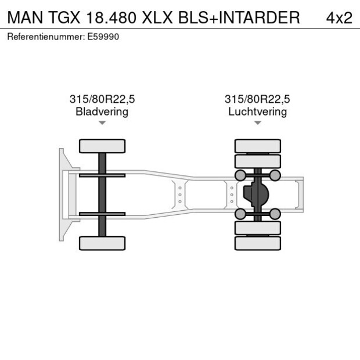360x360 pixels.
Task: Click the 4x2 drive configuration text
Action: (339, 17)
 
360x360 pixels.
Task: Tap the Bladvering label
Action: (102, 111)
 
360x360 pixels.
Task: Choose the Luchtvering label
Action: (257, 111)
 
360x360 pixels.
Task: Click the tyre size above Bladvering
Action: (102, 99)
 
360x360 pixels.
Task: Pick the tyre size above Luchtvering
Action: (257, 99)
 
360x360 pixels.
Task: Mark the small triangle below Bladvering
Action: (102, 123)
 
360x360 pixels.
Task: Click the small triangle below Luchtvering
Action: (258, 123)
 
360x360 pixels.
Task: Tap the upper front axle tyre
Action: (102, 146)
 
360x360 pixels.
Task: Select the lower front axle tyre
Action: (102, 243)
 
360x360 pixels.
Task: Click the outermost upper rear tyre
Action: (258, 146)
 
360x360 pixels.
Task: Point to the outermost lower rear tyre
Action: (258, 243)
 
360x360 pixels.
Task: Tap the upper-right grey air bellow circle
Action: (275, 175)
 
